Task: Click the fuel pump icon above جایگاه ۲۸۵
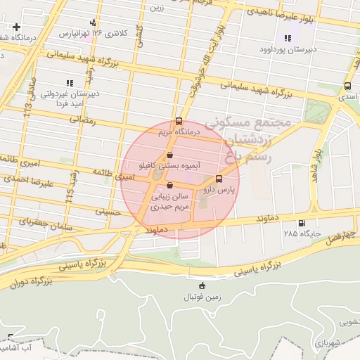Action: click(x=302, y=224)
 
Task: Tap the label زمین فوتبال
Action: click(x=202, y=297)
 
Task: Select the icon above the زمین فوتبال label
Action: click(x=202, y=285)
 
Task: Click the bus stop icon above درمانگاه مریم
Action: click(x=179, y=120)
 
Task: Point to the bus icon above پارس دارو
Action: click(x=219, y=179)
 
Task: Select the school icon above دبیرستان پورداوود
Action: click(x=287, y=38)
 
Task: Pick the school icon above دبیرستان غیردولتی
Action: click(x=69, y=83)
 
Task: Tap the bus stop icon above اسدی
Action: click(x=347, y=86)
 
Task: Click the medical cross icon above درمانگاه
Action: click(x=15, y=27)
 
